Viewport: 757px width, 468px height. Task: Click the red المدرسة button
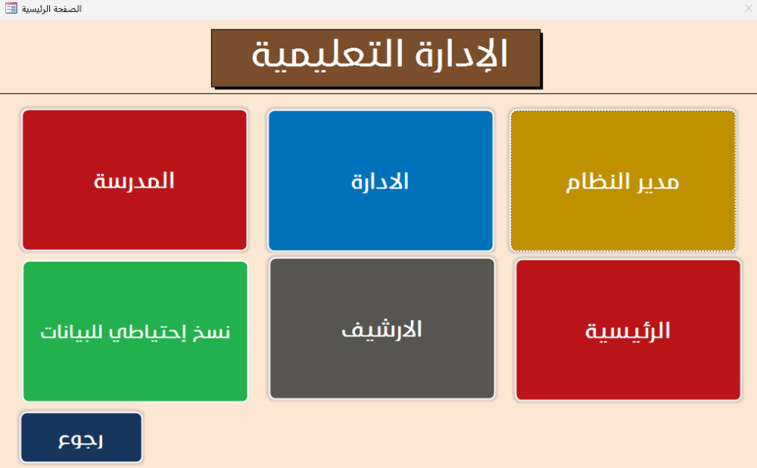tap(135, 179)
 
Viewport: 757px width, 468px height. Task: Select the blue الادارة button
tap(381, 181)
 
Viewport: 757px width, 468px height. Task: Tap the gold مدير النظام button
tap(623, 181)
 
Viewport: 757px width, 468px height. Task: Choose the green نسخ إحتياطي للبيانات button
tap(136, 332)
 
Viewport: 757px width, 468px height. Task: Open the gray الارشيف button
tap(382, 329)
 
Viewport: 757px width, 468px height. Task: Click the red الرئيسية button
tap(628, 330)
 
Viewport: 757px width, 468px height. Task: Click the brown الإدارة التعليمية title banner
tap(376, 58)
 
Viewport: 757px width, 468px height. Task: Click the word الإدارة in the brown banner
tap(461, 54)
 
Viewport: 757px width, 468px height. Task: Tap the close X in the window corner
tap(749, 8)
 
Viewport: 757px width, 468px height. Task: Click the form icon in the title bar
tap(11, 8)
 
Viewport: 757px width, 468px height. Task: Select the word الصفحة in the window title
tap(70, 8)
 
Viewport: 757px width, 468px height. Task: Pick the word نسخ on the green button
tap(212, 332)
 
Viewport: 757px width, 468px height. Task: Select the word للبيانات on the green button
tap(73, 332)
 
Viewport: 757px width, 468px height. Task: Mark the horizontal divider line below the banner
tap(378, 93)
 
